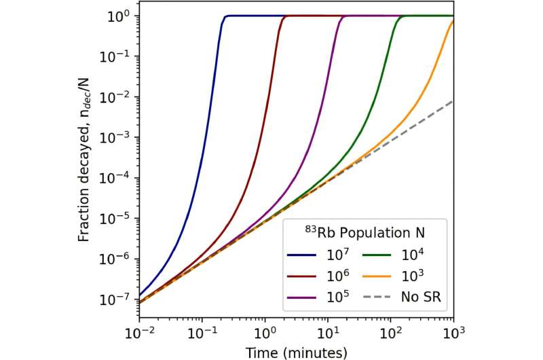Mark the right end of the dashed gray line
pos(453,101)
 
